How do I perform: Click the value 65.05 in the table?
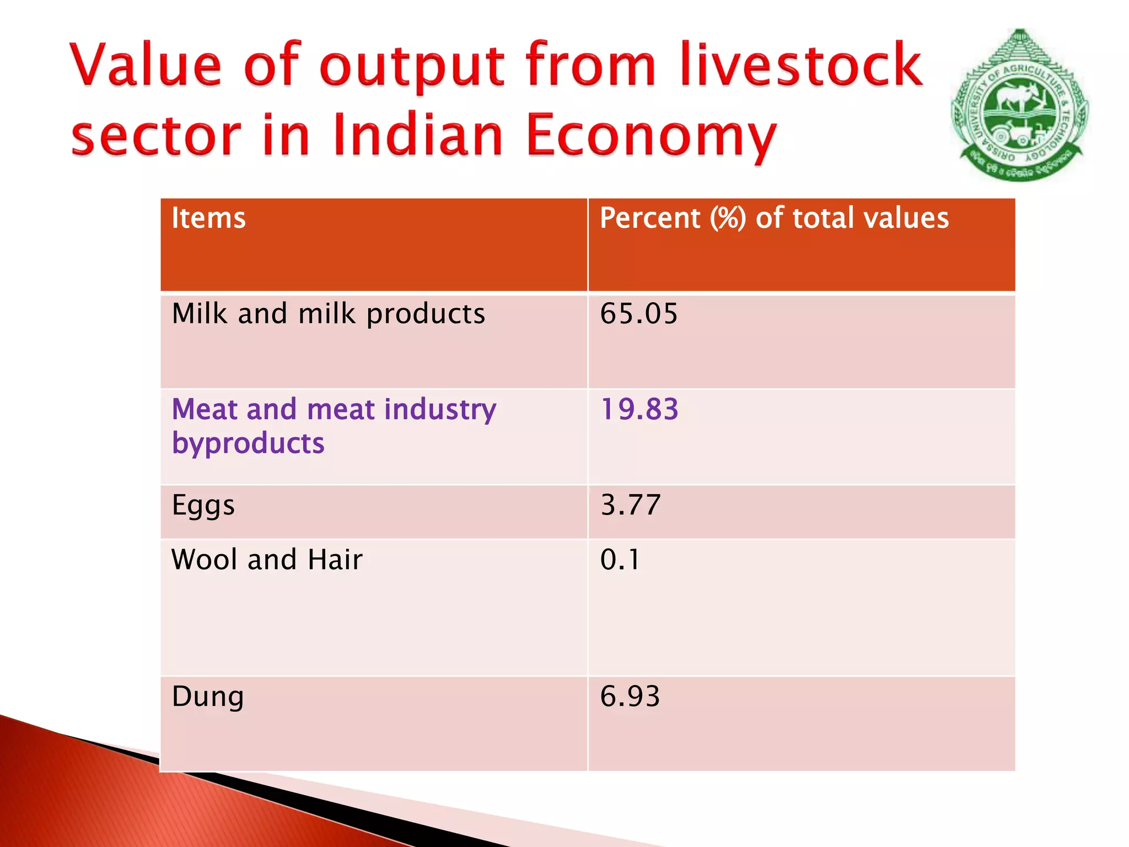coord(638,314)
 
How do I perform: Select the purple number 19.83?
coord(639,410)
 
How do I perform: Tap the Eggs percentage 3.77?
coord(630,505)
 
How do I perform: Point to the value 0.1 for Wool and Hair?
coord(620,560)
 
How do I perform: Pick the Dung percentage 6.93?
coord(630,696)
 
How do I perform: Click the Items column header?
coord(208,218)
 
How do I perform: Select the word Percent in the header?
coord(649,218)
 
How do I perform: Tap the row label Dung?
coord(207,696)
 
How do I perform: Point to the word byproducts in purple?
coord(248,444)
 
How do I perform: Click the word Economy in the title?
coord(650,136)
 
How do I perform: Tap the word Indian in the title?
coord(418,136)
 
